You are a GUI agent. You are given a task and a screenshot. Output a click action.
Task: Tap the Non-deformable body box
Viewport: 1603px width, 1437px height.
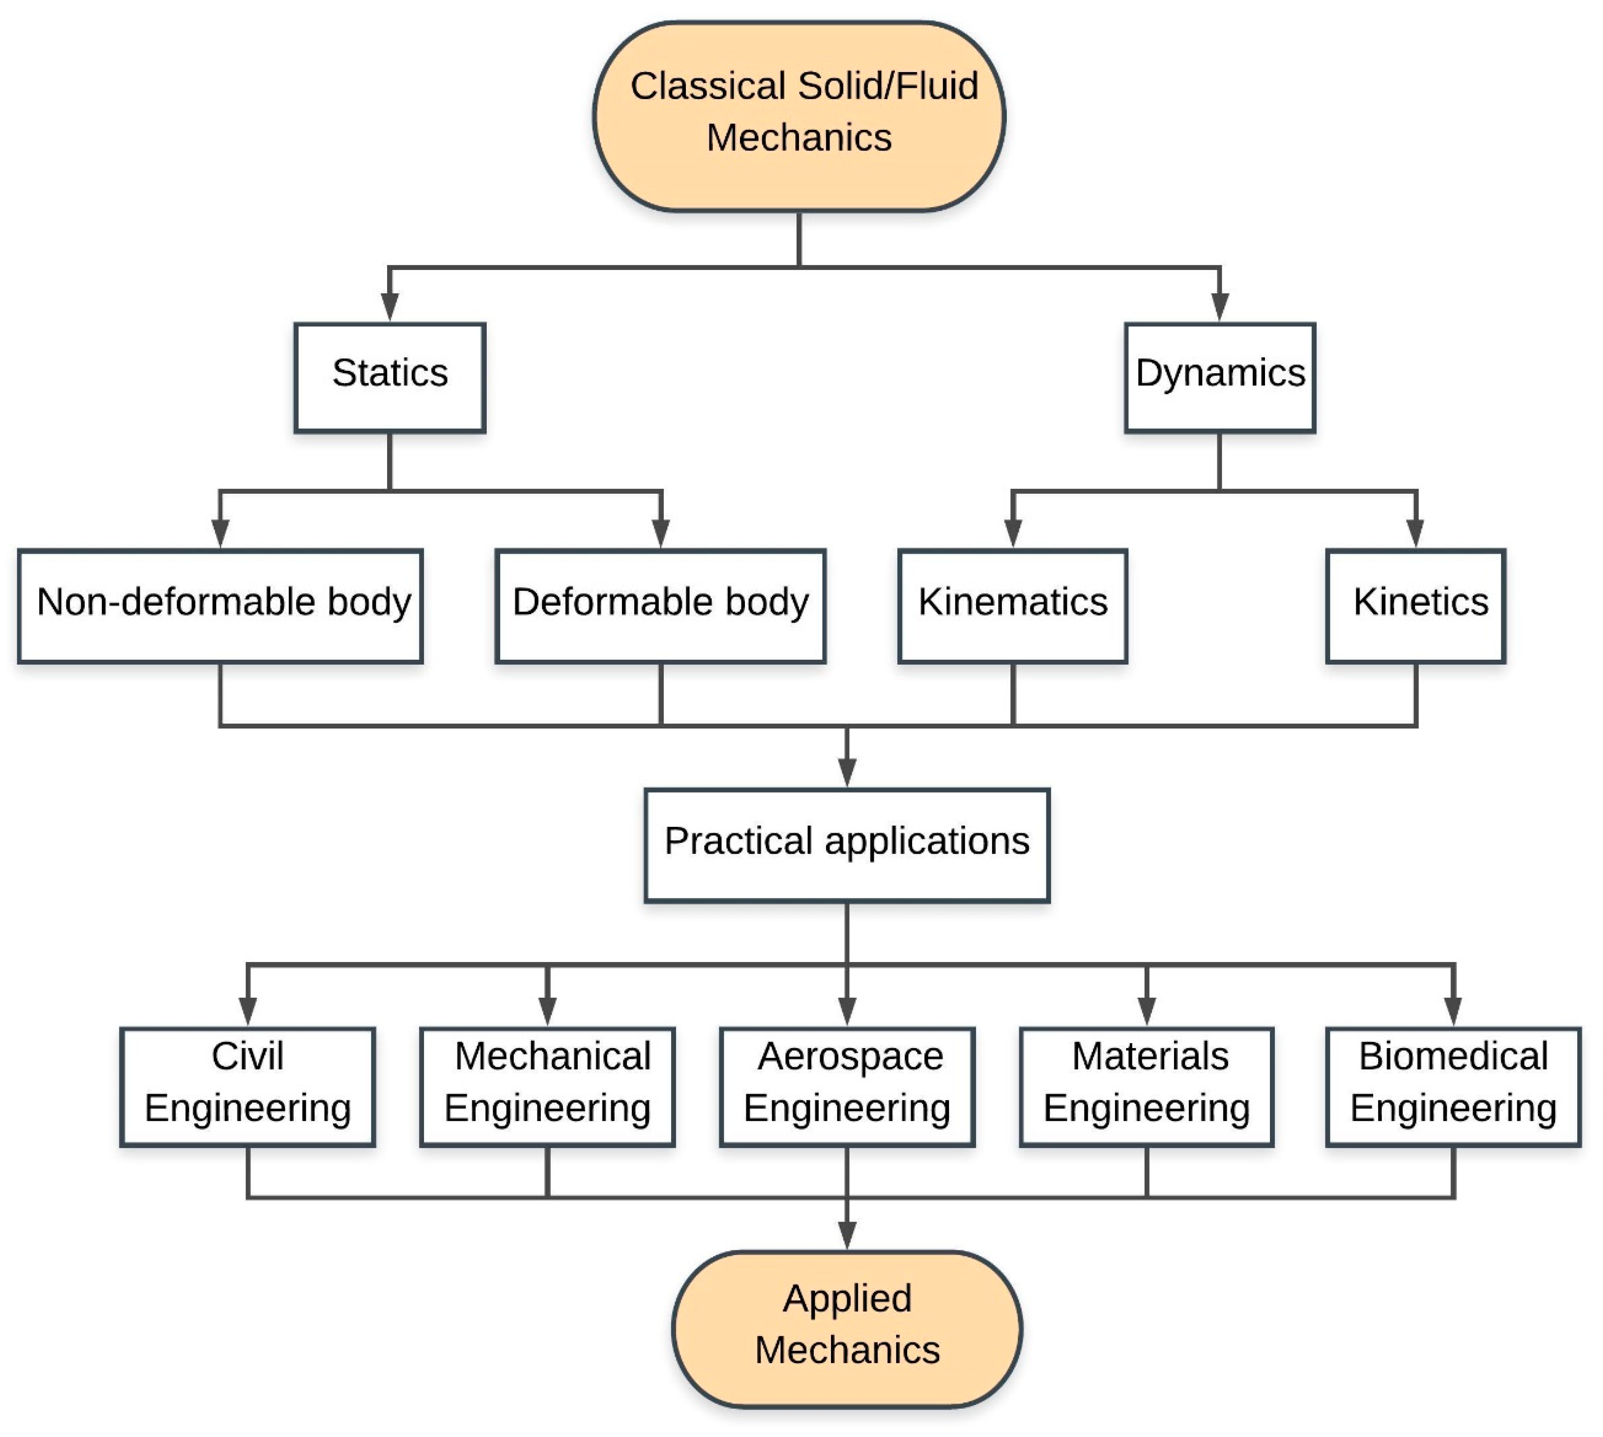pyautogui.click(x=220, y=606)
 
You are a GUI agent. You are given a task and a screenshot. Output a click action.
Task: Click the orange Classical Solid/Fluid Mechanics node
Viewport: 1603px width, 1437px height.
pyautogui.click(x=799, y=117)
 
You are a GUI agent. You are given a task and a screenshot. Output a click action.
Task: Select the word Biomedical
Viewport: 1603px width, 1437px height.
pyautogui.click(x=1453, y=1056)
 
